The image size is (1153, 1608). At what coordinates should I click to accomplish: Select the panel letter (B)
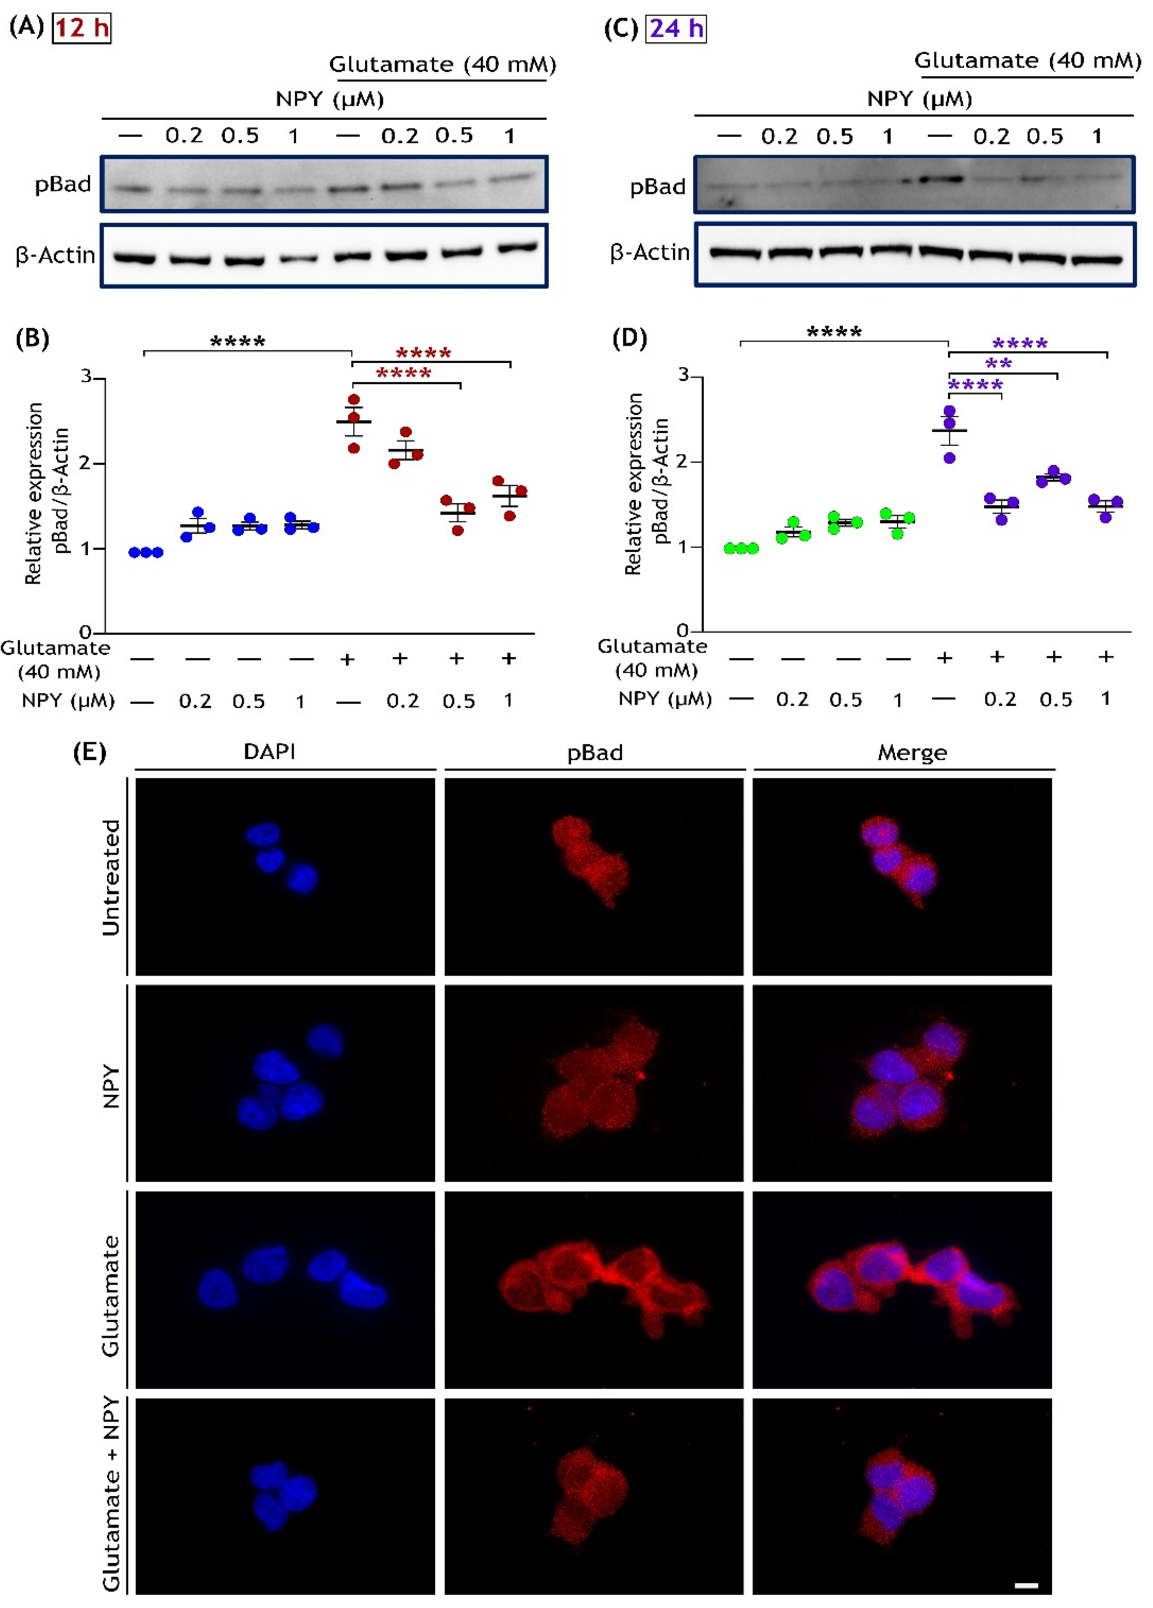[33, 338]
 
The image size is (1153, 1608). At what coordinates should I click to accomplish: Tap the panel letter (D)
[629, 338]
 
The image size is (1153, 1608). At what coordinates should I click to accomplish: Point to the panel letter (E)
[89, 751]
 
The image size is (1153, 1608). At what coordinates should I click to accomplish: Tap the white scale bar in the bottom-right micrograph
[1026, 1585]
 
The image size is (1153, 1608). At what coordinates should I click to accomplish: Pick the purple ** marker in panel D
[998, 364]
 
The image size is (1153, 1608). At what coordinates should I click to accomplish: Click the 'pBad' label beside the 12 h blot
[63, 184]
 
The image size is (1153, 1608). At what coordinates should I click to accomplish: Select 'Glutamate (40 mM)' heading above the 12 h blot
[442, 65]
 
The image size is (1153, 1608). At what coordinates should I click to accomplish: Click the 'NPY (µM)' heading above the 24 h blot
[919, 99]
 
